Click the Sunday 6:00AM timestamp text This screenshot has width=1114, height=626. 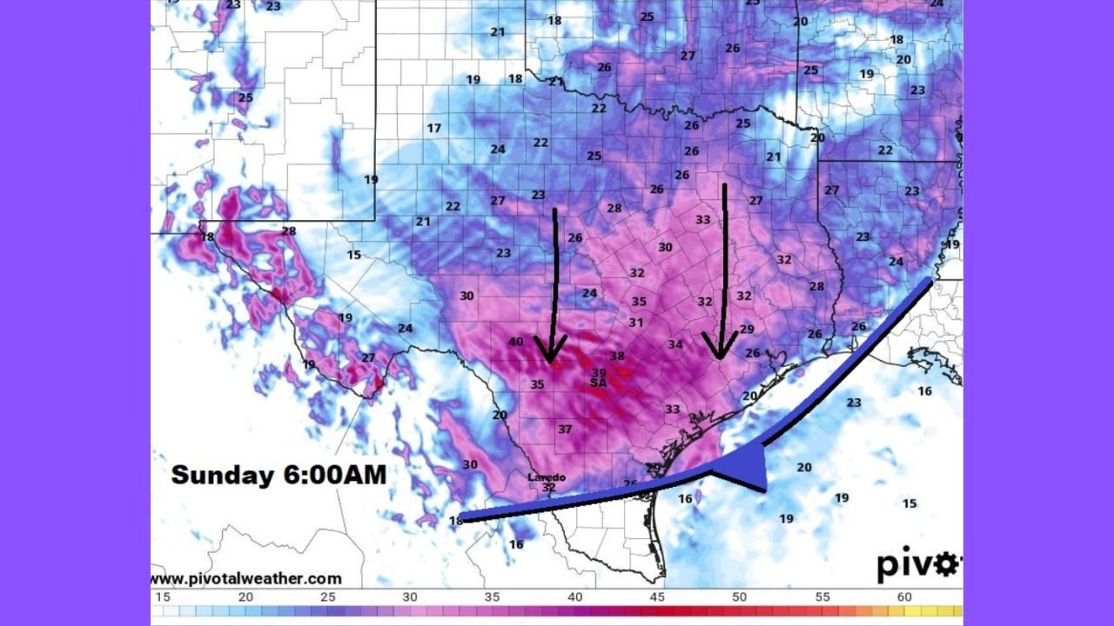278,475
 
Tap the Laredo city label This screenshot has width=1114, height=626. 547,477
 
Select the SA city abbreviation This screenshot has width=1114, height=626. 598,383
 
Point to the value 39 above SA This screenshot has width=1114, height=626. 599,372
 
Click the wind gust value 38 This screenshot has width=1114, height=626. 617,356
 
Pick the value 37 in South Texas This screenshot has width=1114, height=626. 565,429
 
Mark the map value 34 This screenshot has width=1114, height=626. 675,344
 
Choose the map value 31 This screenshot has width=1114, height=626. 636,323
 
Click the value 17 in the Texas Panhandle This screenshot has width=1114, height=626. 433,128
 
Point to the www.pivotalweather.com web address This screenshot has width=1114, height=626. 246,578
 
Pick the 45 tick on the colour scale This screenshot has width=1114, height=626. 657,597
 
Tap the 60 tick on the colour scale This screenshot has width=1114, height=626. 904,597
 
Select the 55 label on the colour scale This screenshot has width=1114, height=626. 822,597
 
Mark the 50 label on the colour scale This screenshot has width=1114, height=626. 739,597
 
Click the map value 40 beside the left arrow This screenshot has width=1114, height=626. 516,342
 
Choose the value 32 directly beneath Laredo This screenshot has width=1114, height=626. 548,488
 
